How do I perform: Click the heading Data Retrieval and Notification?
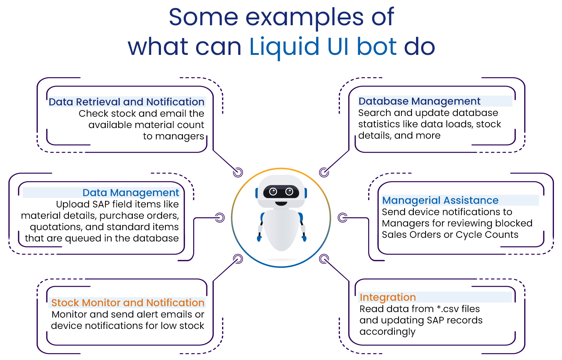click(126, 102)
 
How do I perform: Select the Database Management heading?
click(419, 101)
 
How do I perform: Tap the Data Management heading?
click(131, 192)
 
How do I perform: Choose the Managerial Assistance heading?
click(440, 200)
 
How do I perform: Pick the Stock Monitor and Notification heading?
click(128, 303)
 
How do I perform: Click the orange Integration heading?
click(387, 297)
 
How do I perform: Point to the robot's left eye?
click(273, 191)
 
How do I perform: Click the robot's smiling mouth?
click(281, 203)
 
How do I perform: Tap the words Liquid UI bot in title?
click(323, 47)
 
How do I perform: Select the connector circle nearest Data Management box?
click(220, 218)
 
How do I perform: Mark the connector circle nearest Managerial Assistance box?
click(342, 218)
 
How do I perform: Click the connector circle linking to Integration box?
click(324, 259)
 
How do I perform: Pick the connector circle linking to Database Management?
click(324, 172)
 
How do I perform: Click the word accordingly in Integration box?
click(387, 331)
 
